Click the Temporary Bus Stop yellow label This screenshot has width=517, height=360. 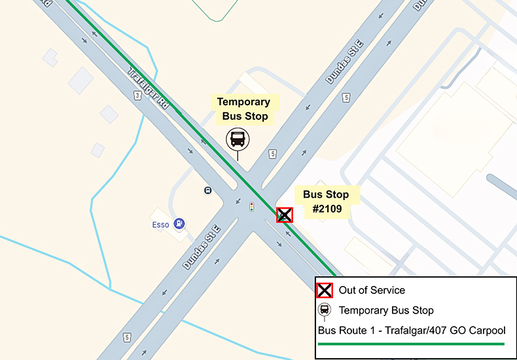click(243, 109)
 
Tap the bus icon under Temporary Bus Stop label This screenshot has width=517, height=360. click(238, 139)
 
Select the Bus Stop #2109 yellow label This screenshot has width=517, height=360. click(326, 201)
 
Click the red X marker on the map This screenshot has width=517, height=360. click(284, 215)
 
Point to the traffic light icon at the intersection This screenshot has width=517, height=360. click(251, 207)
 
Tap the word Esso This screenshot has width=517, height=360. click(160, 225)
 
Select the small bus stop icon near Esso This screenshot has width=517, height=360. click(207, 190)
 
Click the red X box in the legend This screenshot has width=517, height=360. click(325, 290)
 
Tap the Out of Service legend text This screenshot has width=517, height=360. click(372, 290)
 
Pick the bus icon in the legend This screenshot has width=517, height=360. click(325, 310)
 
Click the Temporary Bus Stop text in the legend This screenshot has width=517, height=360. click(386, 310)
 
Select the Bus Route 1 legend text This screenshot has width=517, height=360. click(411, 330)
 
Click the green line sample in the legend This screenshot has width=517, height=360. click(411, 343)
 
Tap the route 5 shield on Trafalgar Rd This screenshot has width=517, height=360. click(137, 96)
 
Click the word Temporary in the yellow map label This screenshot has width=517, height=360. click(243, 102)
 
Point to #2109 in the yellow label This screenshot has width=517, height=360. click(326, 208)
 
